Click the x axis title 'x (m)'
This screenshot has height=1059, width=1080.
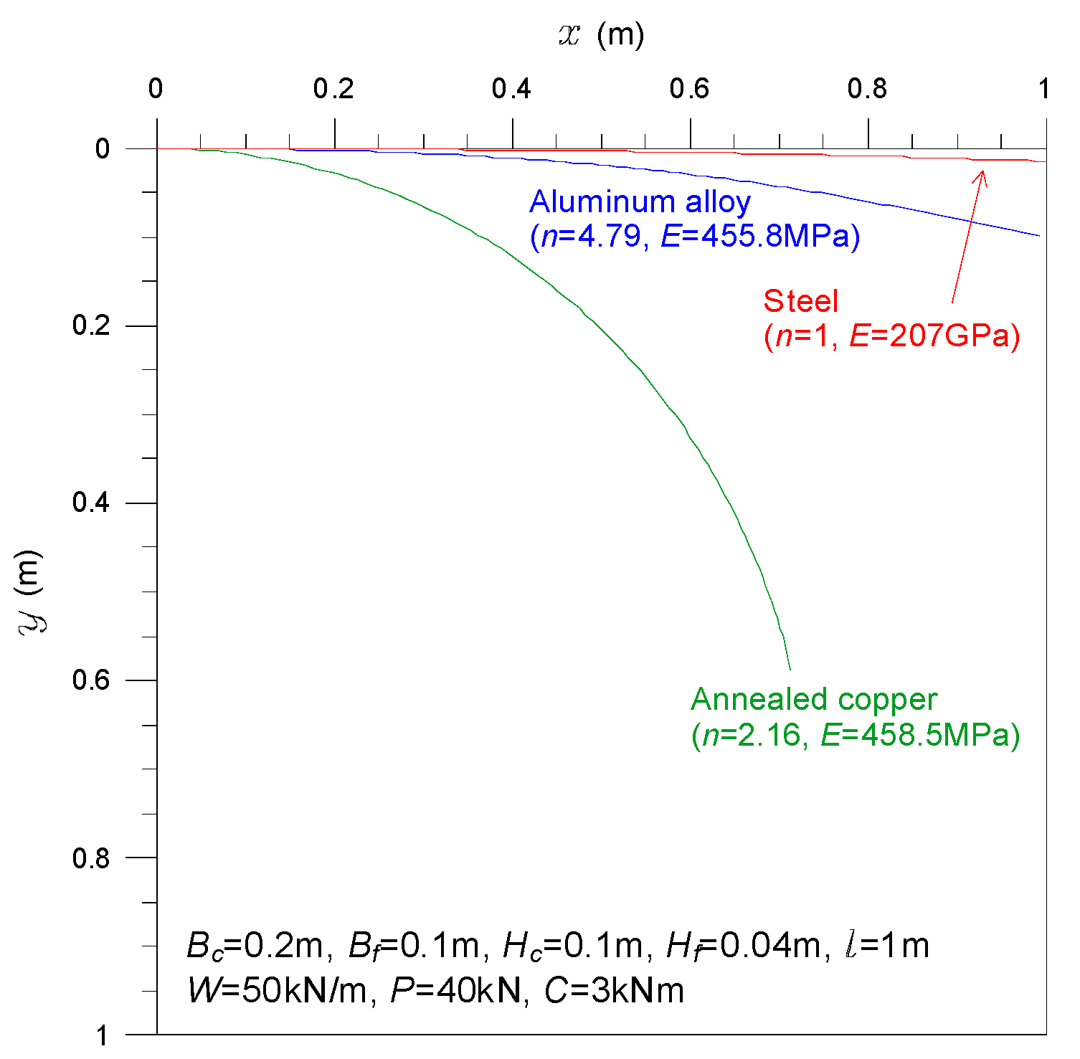click(x=601, y=34)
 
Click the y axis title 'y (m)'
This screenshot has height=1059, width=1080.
click(x=30, y=591)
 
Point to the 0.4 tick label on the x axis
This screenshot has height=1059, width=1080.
click(x=511, y=89)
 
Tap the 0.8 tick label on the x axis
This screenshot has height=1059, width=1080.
click(x=867, y=89)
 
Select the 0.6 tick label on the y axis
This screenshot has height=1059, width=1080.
click(x=91, y=680)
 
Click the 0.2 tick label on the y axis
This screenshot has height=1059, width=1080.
click(x=91, y=326)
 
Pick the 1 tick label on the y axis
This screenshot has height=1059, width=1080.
click(x=103, y=1035)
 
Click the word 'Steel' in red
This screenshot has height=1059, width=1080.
click(x=800, y=301)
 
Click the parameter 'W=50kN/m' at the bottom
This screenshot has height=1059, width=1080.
click(x=277, y=991)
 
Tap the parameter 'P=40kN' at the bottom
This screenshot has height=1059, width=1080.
click(x=455, y=991)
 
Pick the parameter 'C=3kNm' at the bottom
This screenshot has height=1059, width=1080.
click(x=614, y=991)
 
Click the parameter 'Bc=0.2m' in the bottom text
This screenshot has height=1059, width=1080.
click(x=254, y=946)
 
